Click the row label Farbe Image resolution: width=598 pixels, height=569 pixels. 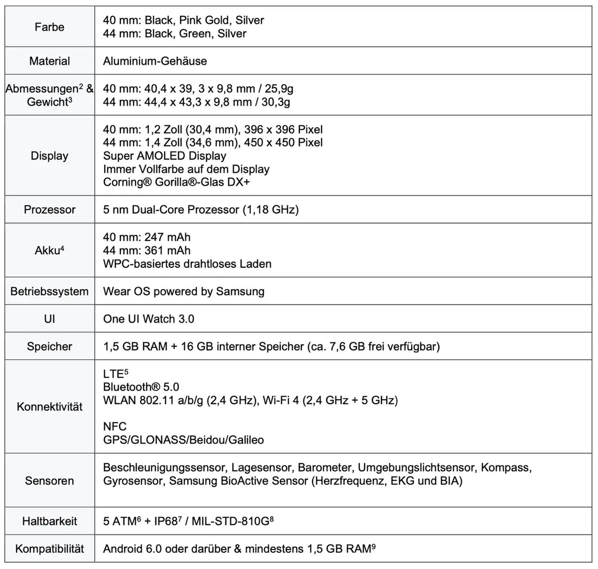pyautogui.click(x=49, y=27)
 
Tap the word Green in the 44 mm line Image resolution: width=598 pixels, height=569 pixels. pyautogui.click(x=195, y=33)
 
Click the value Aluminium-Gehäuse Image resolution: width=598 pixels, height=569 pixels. pyautogui.click(x=155, y=61)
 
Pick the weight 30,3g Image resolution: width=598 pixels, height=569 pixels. pyautogui.click(x=276, y=102)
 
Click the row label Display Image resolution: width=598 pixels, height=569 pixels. pyautogui.click(x=49, y=156)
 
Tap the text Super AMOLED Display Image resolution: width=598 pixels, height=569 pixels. pyautogui.click(x=165, y=156)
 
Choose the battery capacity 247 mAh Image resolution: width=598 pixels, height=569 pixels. pyautogui.click(x=167, y=237)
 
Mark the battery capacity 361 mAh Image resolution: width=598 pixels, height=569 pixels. pyautogui.click(x=167, y=250)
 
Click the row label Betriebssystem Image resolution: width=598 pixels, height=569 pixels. pyautogui.click(x=49, y=291)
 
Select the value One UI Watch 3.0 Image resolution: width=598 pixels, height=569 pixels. pyautogui.click(x=149, y=319)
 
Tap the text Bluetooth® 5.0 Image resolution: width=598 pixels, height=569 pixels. pyautogui.click(x=141, y=387)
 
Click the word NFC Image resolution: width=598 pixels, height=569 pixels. pyautogui.click(x=115, y=426)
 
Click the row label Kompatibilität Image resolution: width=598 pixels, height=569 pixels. pyautogui.click(x=49, y=549)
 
